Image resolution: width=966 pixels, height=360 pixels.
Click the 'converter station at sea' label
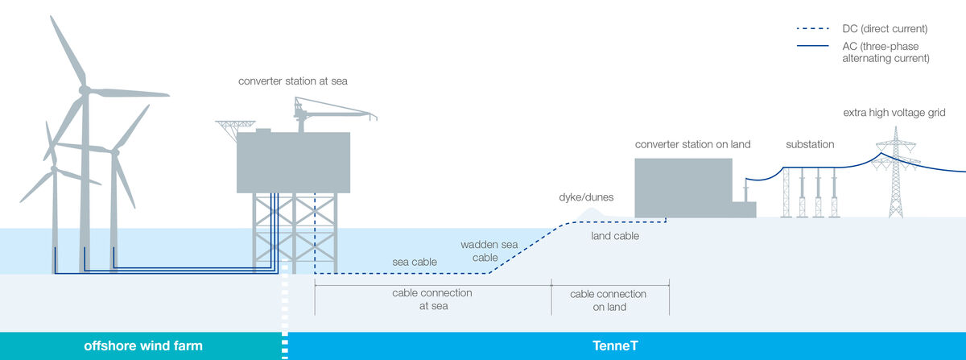(293, 81)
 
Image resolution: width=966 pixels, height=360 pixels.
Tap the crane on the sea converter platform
(328, 113)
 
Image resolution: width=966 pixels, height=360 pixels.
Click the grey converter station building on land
(683, 188)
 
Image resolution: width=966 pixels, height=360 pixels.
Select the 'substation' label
(810, 144)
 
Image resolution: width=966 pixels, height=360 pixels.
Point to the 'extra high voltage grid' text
(894, 113)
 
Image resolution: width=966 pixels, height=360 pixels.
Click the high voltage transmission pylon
(896, 172)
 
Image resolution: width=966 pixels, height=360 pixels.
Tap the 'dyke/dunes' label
(586, 197)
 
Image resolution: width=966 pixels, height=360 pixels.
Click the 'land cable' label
(615, 236)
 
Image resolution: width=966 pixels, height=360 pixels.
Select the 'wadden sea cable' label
(489, 250)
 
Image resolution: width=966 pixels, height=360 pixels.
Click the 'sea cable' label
(415, 262)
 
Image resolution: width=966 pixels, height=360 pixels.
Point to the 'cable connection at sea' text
(432, 299)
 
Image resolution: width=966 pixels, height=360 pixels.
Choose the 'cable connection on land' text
(608, 300)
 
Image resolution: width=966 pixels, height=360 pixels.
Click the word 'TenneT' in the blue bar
(615, 346)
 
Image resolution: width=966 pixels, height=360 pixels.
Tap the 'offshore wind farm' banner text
(143, 346)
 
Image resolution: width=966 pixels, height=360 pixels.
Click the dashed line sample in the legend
(813, 29)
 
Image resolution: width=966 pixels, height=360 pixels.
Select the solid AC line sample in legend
(813, 46)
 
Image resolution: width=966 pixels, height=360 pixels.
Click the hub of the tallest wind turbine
(85, 90)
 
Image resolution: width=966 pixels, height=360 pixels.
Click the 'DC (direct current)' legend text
(885, 29)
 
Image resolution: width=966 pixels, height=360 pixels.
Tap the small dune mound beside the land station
(591, 213)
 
